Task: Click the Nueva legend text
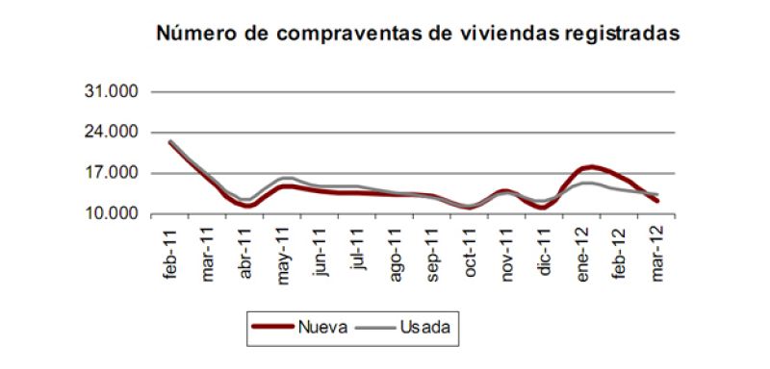click(323, 327)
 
